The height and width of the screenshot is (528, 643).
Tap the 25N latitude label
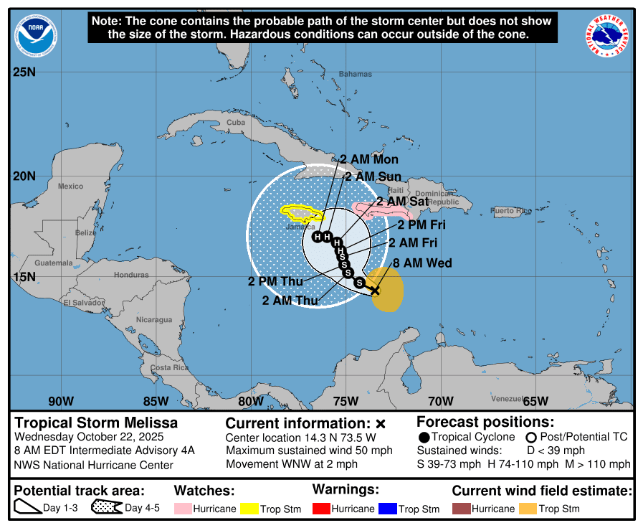click(24, 72)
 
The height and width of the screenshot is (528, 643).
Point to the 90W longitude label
click(61, 401)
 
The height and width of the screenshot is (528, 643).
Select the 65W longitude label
click(535, 401)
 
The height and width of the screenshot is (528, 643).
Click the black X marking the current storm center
click(374, 290)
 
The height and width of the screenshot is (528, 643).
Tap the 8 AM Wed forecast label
click(422, 263)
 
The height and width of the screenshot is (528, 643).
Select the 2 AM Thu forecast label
click(290, 301)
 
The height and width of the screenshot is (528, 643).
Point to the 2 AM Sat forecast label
click(402, 202)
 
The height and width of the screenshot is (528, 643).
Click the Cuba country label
click(236, 123)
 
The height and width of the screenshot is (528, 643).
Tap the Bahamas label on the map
click(356, 74)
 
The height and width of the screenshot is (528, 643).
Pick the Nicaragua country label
click(154, 319)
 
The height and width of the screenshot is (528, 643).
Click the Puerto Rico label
click(511, 211)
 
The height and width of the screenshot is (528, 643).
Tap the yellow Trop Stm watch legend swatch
click(249, 509)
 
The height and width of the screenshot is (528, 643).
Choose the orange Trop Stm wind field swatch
click(528, 509)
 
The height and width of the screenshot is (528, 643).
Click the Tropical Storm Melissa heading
click(97, 423)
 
